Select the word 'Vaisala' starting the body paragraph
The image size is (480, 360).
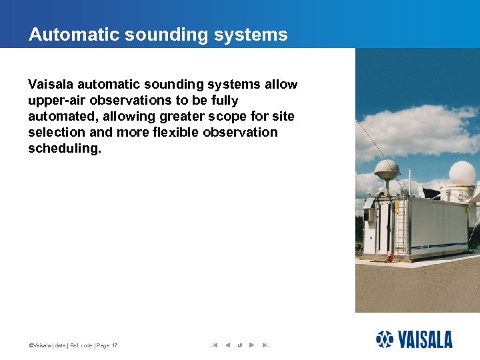pos(51,85)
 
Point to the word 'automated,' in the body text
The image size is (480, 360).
pos(61,117)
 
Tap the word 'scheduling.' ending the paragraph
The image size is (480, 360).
pos(65,148)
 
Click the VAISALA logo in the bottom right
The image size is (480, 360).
pos(414,339)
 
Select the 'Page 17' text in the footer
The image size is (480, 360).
pos(107,345)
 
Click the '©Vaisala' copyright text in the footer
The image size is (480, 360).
pos(39,345)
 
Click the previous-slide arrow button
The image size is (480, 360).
pos(227,345)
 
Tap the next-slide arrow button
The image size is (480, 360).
pos(251,345)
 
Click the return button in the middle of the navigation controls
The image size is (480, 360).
pos(239,345)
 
